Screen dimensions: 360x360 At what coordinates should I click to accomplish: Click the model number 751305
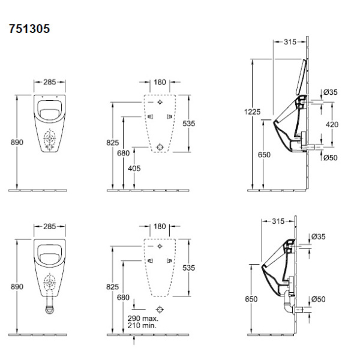29,29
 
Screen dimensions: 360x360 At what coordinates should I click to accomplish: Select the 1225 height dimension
253,112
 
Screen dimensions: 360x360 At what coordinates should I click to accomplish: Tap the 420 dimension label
332,124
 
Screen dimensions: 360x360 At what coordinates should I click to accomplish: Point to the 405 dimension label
134,168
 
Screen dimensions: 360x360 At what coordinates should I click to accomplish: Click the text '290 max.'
143,318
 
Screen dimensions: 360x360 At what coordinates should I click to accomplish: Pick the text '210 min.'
142,325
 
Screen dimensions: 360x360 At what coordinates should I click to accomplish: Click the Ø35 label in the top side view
331,92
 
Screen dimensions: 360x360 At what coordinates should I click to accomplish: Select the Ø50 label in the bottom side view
319,299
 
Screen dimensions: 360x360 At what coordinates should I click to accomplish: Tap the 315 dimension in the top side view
290,42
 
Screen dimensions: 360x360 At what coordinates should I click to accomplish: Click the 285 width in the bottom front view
50,226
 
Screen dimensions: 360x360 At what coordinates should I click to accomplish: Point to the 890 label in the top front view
17,142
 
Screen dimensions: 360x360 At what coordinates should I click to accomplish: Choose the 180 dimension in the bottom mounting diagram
160,226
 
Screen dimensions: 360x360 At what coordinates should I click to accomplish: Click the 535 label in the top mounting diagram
189,124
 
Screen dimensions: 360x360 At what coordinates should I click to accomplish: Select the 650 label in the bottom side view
251,299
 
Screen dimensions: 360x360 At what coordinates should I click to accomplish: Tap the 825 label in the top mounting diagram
113,143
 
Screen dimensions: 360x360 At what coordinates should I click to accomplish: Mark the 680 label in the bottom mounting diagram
123,298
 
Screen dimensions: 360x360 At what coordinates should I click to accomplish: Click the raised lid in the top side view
301,77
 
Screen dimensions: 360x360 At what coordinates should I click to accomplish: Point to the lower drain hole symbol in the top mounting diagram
160,147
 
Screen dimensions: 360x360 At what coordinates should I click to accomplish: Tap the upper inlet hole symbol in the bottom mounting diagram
160,246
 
